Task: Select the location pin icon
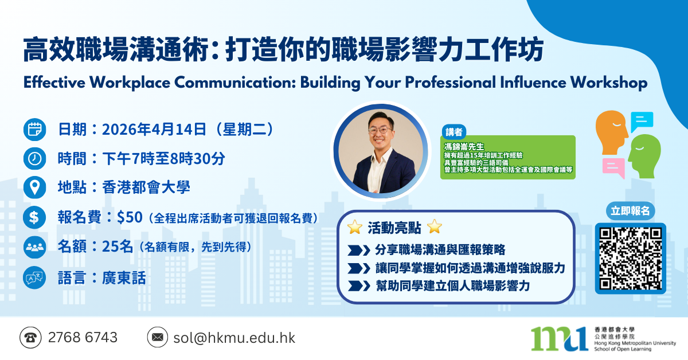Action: click(34, 187)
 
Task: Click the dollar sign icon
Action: click(34, 218)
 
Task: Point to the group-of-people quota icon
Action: click(34, 248)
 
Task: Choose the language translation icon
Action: click(34, 278)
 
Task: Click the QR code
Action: click(630, 258)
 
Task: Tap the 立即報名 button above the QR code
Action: click(630, 212)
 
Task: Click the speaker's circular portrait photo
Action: click(381, 151)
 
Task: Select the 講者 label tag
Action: click(454, 131)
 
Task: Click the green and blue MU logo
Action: click(558, 338)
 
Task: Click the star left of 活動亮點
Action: click(354, 228)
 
